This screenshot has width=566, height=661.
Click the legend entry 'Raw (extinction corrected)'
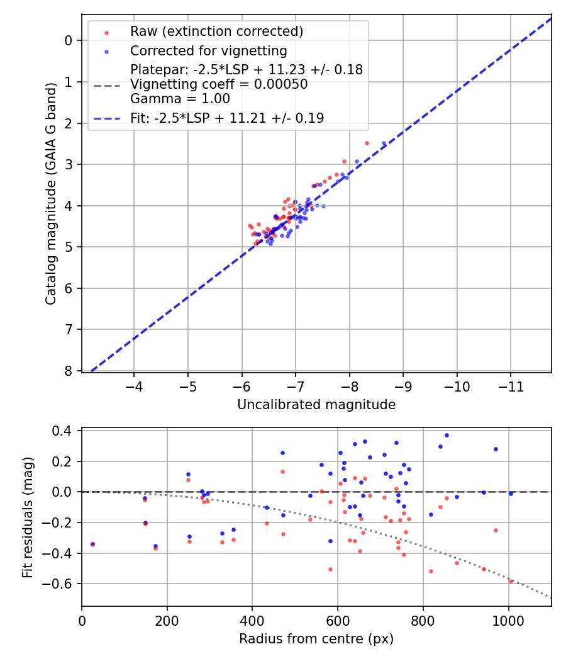tap(216, 31)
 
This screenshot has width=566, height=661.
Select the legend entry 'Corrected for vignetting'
tap(208, 50)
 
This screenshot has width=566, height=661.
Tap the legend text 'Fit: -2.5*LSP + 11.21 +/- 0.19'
tap(227, 118)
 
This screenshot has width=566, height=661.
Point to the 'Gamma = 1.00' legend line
tap(180, 99)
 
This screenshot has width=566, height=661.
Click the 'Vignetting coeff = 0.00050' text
tap(219, 84)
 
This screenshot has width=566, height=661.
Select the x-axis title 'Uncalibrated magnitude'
tap(316, 405)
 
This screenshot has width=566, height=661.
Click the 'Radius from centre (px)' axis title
tap(316, 639)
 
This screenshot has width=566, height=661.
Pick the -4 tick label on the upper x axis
tap(134, 383)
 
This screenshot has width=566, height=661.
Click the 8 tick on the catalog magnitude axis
tap(69, 370)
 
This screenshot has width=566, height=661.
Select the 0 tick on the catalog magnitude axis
tap(69, 40)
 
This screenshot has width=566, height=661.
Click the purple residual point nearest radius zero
tap(92, 544)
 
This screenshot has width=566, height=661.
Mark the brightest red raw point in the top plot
tap(367, 143)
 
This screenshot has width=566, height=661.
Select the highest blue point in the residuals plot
tap(447, 435)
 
